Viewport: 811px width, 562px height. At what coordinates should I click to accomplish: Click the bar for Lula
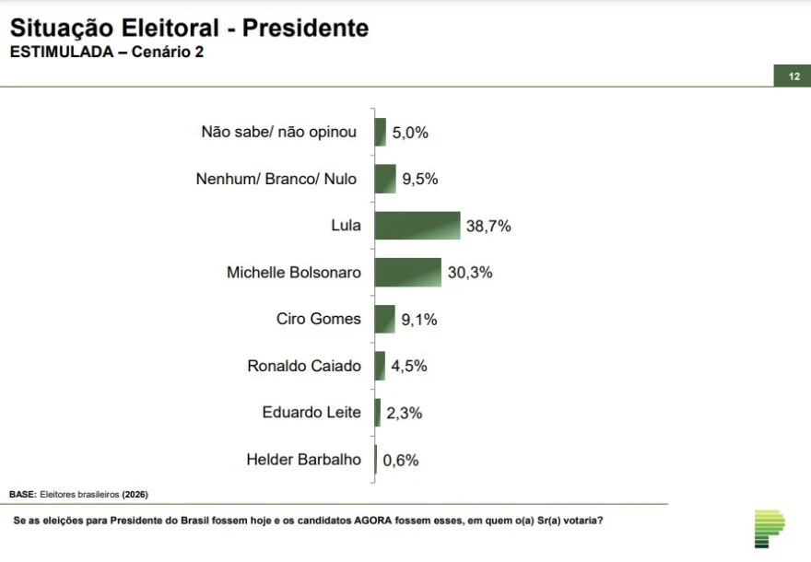click(417, 226)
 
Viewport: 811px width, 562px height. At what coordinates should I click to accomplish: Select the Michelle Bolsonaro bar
click(407, 273)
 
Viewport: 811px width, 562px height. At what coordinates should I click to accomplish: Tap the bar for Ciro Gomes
click(384, 320)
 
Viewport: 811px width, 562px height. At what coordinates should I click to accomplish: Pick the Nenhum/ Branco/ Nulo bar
click(384, 179)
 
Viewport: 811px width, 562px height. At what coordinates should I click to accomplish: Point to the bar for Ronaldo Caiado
click(380, 366)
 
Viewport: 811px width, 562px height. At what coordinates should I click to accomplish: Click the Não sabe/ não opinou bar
click(380, 132)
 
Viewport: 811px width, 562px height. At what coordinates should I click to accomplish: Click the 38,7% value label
click(488, 226)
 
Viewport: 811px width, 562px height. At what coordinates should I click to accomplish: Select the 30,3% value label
click(470, 273)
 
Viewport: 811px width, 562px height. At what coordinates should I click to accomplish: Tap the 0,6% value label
click(401, 460)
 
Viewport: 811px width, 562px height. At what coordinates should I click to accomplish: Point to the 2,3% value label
click(404, 413)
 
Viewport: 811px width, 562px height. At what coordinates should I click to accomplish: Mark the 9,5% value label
click(419, 179)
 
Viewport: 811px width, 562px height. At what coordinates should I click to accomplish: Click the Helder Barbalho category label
click(304, 459)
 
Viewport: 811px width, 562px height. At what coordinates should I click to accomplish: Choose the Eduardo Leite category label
click(311, 412)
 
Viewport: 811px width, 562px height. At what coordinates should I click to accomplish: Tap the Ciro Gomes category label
click(319, 319)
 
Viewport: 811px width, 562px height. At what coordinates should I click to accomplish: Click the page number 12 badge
click(793, 76)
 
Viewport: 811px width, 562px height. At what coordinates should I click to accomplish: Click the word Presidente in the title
click(305, 29)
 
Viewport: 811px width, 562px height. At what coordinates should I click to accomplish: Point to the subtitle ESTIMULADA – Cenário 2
click(106, 53)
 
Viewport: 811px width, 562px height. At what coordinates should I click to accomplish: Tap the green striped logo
click(769, 529)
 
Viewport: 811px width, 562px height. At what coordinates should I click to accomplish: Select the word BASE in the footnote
click(21, 495)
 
